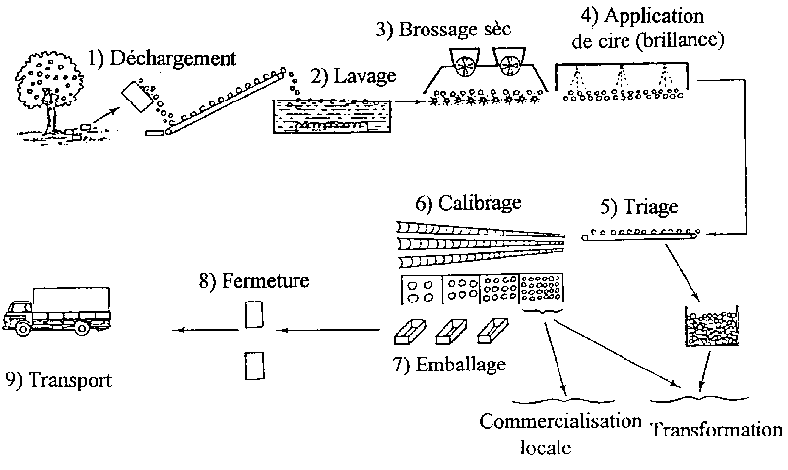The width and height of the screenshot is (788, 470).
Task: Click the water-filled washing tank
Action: [x=330, y=118]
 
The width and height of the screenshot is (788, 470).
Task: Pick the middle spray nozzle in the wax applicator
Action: [x=622, y=74]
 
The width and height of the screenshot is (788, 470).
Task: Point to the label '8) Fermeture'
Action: [x=253, y=281]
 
